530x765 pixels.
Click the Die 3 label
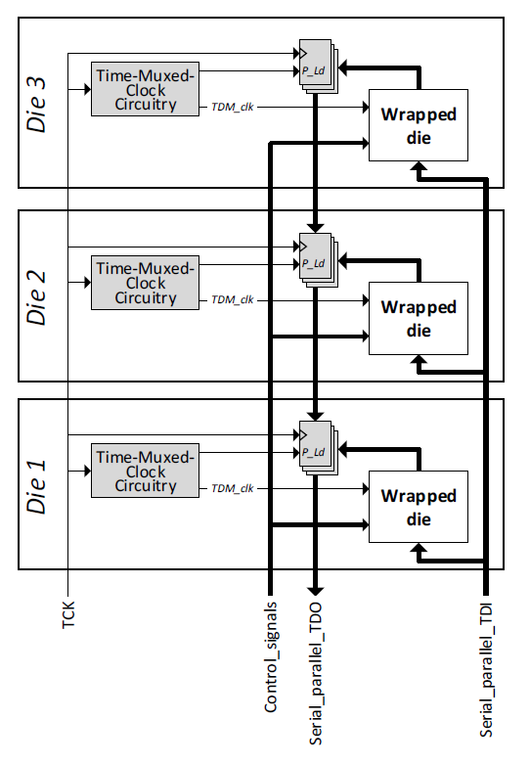click(36, 105)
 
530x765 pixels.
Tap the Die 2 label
click(36, 297)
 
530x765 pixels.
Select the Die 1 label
click(36, 486)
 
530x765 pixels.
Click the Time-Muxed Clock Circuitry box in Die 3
click(145, 89)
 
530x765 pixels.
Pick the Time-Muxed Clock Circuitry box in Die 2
click(145, 283)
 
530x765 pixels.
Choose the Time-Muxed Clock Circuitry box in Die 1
click(145, 471)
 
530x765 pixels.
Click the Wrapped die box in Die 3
click(419, 125)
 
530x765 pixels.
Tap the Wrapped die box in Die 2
click(419, 318)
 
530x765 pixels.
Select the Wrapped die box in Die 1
click(419, 507)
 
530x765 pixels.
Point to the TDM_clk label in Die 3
click(232, 107)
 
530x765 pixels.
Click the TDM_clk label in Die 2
click(232, 299)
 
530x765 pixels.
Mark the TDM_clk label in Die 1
click(232, 488)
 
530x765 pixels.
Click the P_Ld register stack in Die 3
click(318, 67)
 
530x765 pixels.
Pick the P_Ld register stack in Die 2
click(318, 259)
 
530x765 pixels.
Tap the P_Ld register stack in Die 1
click(318, 448)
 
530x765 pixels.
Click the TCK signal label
click(68, 614)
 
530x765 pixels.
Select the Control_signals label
click(271, 657)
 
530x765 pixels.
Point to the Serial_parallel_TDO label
click(316, 674)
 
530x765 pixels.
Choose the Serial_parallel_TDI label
click(486, 670)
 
